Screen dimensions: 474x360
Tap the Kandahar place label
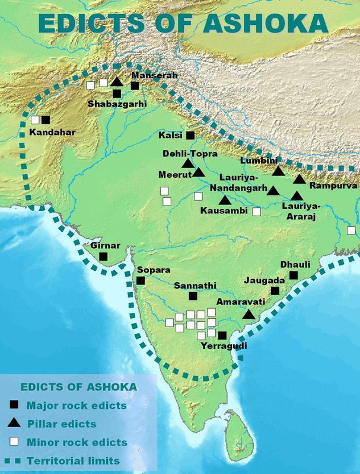click(52, 132)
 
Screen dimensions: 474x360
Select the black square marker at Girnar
click(103, 257)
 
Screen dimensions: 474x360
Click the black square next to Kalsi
click(190, 135)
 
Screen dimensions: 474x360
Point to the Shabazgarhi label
click(117, 104)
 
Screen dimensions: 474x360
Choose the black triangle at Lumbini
click(278, 172)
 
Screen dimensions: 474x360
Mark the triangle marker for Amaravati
click(249, 315)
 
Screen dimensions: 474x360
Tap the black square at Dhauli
click(294, 276)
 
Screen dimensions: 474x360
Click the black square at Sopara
click(141, 280)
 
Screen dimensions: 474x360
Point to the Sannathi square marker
click(193, 296)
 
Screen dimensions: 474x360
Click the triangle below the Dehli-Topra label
click(187, 164)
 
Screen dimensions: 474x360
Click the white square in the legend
click(15, 442)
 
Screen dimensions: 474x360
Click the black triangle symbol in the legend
click(15, 423)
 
